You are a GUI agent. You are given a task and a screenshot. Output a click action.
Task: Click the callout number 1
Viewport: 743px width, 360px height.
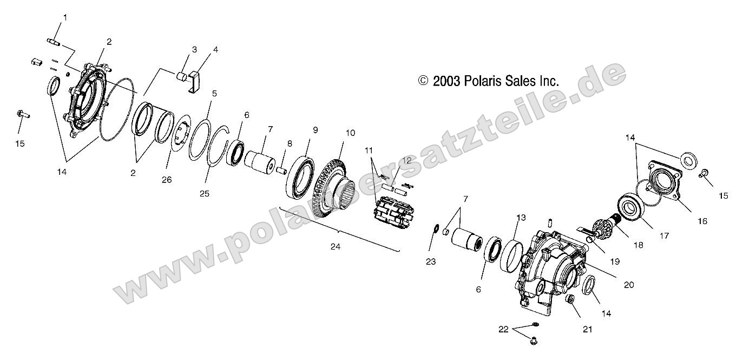click(x=65, y=17)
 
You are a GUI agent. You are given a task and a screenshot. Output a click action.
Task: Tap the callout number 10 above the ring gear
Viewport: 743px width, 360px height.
click(x=350, y=133)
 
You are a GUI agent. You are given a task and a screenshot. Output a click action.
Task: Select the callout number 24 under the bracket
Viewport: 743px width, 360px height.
click(x=336, y=246)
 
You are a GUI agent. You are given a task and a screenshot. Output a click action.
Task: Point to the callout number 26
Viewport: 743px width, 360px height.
click(x=167, y=180)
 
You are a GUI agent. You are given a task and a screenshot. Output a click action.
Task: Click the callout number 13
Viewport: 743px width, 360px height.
click(x=521, y=218)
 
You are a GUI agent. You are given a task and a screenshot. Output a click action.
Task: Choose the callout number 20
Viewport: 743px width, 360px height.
click(x=629, y=285)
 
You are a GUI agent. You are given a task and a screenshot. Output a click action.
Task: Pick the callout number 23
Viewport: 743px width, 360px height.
click(x=431, y=262)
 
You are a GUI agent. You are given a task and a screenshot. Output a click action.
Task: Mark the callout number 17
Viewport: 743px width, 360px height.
click(x=664, y=236)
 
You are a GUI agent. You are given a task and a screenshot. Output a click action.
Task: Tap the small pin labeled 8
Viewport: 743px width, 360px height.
click(x=281, y=170)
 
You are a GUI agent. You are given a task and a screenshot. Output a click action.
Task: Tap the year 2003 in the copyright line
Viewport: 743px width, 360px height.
click(x=446, y=82)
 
